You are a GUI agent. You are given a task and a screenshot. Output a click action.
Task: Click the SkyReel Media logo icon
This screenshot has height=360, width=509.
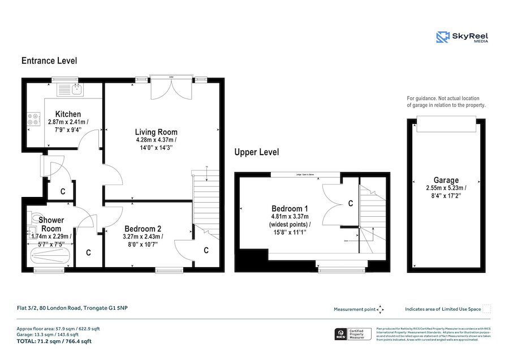443,37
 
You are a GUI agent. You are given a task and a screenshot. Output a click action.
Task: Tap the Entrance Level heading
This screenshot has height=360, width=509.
49,61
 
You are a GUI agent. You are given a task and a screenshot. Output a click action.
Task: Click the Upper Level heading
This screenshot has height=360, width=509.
257,152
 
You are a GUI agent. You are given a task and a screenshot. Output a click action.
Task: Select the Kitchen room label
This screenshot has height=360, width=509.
68,114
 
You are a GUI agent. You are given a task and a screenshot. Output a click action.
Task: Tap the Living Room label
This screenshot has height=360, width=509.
156,132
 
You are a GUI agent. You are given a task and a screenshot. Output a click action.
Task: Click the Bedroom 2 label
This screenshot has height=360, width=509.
142,229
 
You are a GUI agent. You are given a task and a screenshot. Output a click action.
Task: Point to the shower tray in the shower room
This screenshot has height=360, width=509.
50,256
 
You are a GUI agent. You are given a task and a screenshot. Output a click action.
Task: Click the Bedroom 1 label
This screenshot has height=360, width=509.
290,208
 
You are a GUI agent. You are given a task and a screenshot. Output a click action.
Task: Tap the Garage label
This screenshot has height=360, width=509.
446,181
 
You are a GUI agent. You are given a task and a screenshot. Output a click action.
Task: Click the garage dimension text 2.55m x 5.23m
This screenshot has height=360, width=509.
446,188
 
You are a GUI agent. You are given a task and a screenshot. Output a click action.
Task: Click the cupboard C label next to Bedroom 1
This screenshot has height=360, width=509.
350,203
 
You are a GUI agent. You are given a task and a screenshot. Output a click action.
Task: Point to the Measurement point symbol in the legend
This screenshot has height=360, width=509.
380,309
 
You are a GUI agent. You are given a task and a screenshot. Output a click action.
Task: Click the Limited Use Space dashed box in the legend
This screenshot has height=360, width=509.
486,308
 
